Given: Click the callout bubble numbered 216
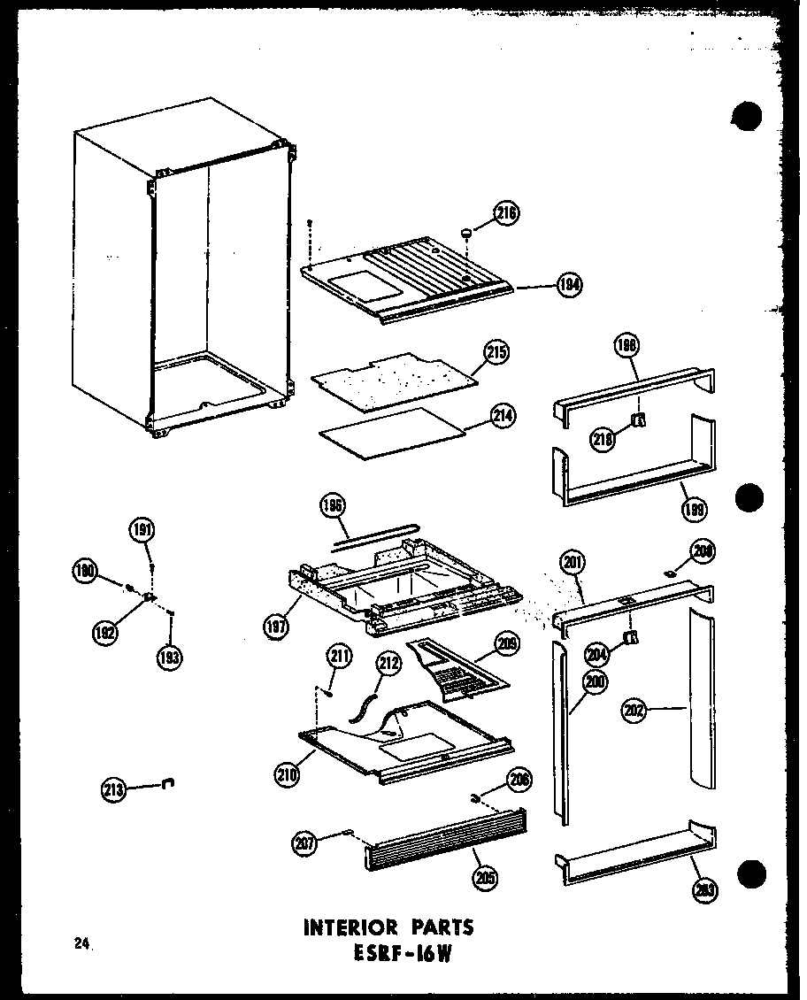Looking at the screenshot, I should click(507, 213).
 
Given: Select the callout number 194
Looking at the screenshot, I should click(570, 285).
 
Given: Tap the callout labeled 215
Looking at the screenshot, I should click(496, 354).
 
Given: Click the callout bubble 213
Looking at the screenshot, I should click(115, 787).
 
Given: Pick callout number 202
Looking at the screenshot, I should click(634, 709).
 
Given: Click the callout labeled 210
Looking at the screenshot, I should click(288, 775).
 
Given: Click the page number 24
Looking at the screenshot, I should click(83, 944).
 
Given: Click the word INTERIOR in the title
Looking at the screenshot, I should click(350, 927).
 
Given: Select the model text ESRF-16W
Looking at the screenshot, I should click(403, 955).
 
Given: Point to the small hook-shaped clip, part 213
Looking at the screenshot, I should click(169, 782).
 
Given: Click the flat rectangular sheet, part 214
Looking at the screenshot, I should click(392, 430).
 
